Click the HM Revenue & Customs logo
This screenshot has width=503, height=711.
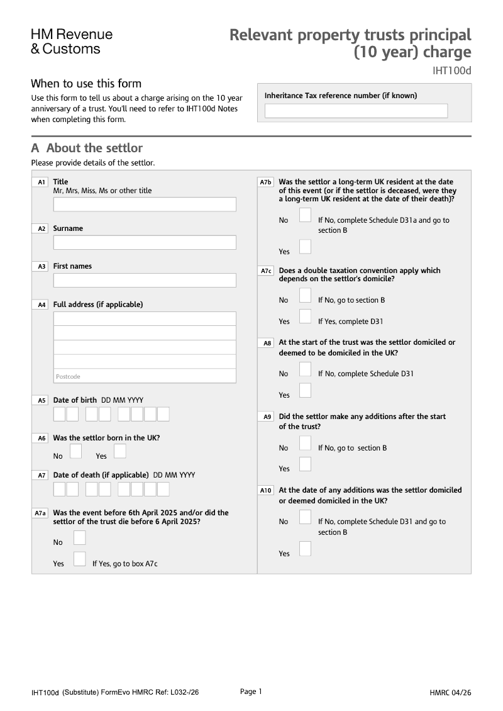coord(72,41)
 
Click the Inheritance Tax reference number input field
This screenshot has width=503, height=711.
coord(356,111)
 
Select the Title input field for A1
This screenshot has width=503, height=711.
coord(145,204)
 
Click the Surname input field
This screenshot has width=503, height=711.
coord(145,242)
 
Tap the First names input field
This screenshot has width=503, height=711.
coord(145,280)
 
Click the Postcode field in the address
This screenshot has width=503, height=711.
coord(145,376)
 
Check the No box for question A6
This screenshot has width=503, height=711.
coord(75,451)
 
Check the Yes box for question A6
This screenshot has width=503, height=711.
coord(120,451)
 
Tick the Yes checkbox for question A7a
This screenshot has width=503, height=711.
coord(80,559)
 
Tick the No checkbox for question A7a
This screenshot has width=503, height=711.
coord(80,537)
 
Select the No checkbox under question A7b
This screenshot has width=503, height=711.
coord(305,215)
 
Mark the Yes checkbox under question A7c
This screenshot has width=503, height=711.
coord(305,316)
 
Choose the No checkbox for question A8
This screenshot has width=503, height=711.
coord(305,369)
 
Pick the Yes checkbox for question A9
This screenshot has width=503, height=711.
coord(305,464)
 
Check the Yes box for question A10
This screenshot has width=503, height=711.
coord(305,549)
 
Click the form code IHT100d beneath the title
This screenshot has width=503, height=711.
coord(451,70)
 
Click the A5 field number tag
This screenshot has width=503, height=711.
coord(41,400)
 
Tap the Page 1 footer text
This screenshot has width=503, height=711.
coord(251,691)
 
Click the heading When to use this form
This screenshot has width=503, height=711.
coord(86,84)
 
